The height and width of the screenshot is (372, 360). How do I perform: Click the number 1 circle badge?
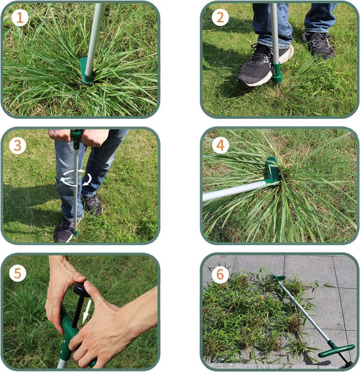pos(20,18)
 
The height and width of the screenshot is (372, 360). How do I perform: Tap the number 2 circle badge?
pos(220,17)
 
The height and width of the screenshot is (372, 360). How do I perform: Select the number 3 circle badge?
pos(18,145)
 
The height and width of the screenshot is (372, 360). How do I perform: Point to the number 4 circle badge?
pos(220,145)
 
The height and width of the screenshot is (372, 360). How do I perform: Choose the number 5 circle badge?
pos(18,273)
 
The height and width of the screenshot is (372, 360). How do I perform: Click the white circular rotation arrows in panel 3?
pos(76,178)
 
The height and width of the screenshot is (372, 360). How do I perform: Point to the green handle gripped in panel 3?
pos(76,136)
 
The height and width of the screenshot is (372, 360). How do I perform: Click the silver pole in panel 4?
pos(234,191)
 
